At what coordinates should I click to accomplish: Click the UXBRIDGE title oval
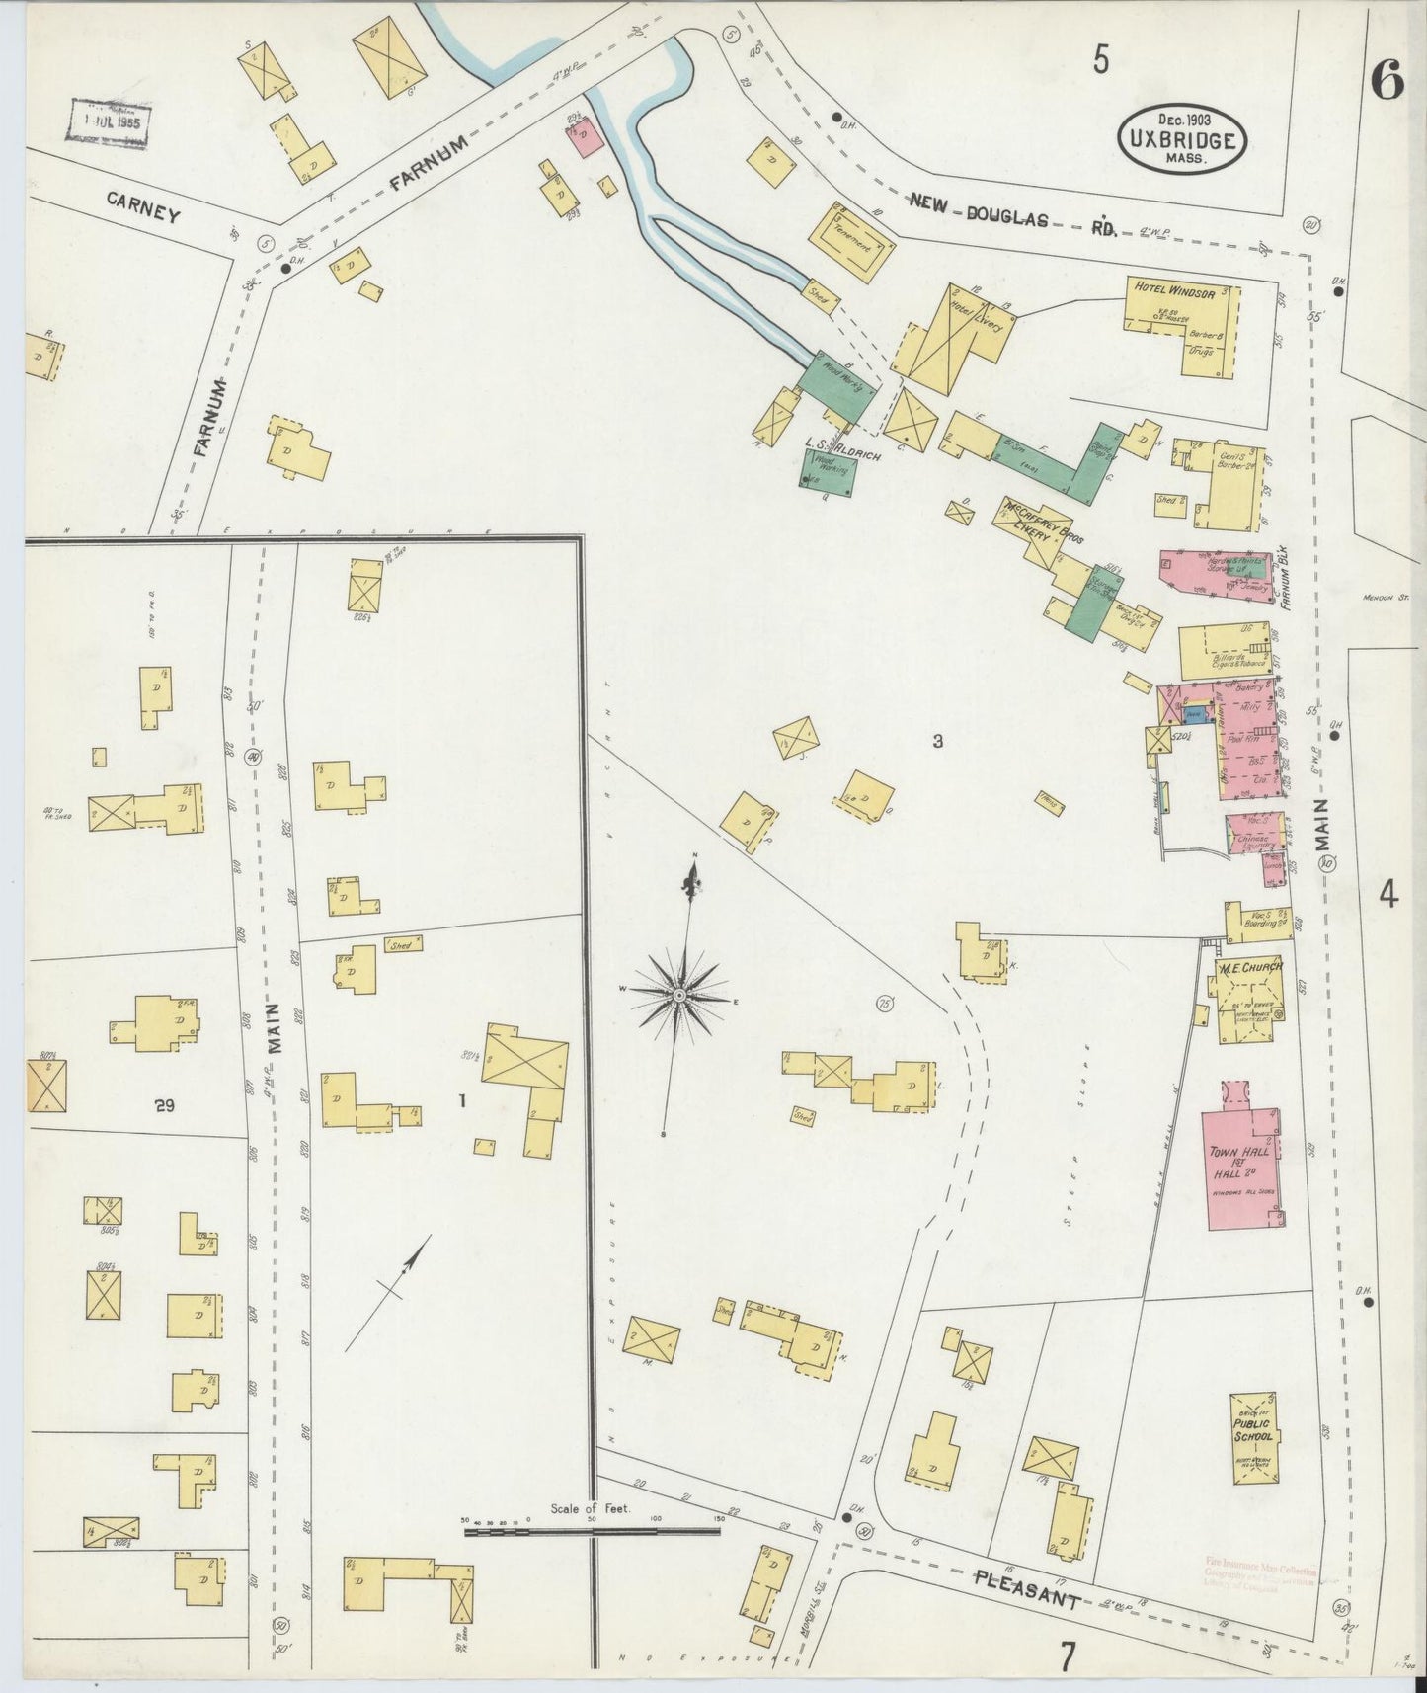pos(1181,139)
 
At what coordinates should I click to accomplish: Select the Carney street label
pos(144,207)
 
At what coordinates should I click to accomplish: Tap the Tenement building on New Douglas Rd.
pos(852,243)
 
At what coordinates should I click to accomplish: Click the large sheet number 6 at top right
pos(1387,83)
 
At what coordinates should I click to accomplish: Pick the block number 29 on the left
pos(164,1107)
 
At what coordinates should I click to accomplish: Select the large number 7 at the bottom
pos(1066,1657)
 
